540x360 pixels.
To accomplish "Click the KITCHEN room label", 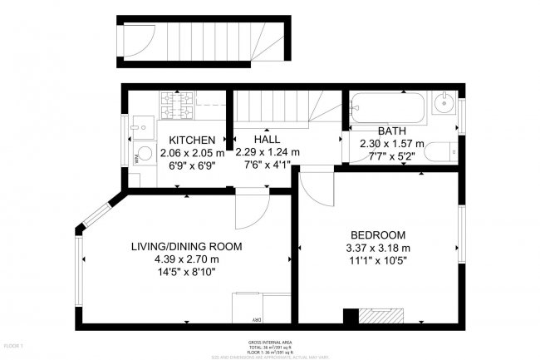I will click(x=192, y=140).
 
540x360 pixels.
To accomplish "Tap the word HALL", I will click(x=267, y=140).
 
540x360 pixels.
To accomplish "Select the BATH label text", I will click(x=391, y=131).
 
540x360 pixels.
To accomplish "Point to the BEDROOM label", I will click(x=377, y=234).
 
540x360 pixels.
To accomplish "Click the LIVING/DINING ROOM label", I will click(x=186, y=246).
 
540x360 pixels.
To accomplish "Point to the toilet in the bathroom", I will click(x=447, y=152).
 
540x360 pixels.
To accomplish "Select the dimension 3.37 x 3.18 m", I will click(x=377, y=247).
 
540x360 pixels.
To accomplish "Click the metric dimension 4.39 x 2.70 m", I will click(x=186, y=259).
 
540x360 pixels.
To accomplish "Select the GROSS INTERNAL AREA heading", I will click(x=269, y=343).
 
